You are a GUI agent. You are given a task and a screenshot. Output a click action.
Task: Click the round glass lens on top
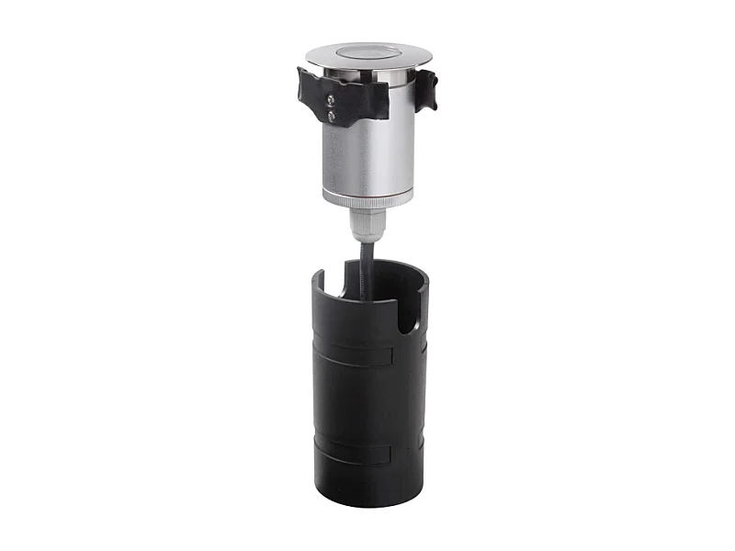point(367,51)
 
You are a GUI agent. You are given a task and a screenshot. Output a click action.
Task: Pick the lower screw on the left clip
point(332,117)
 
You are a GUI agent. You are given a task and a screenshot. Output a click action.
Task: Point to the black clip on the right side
point(425,89)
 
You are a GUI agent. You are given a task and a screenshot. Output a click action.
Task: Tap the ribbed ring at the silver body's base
point(367,198)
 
